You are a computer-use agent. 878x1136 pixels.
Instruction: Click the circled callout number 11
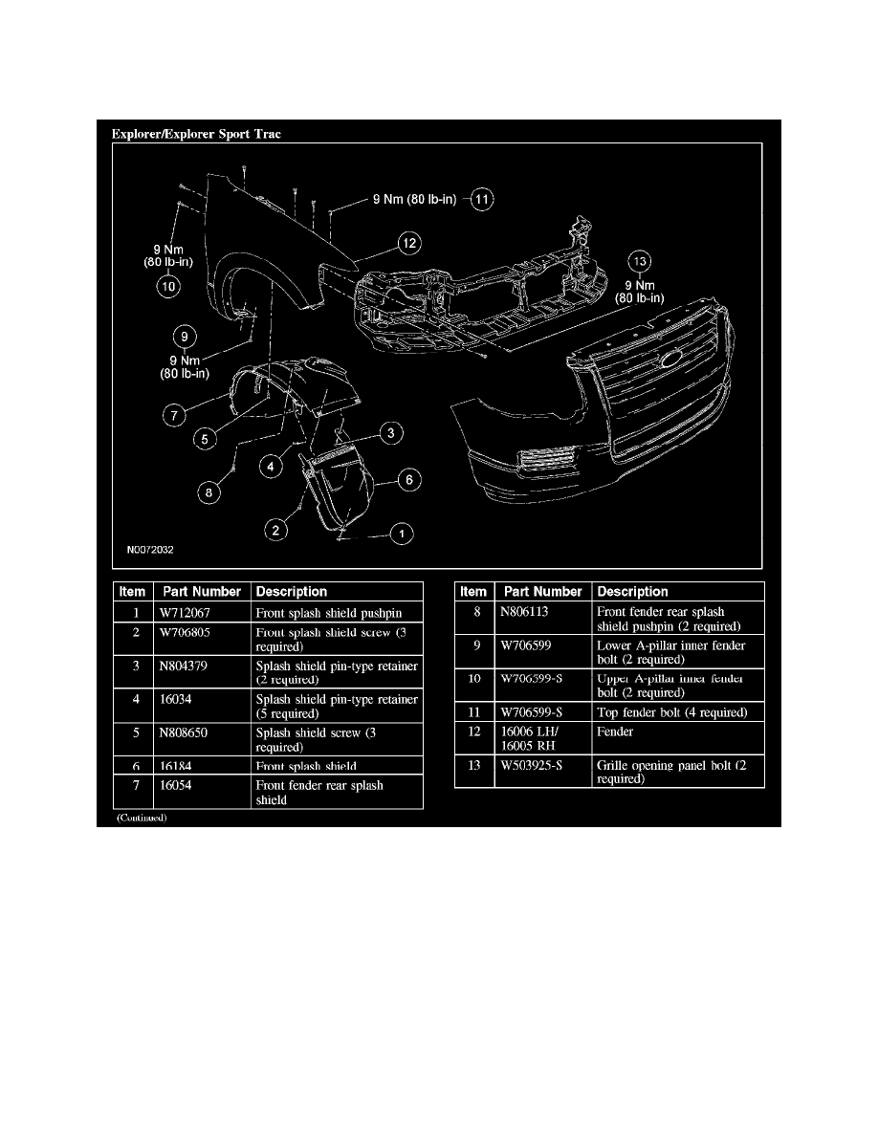click(482, 200)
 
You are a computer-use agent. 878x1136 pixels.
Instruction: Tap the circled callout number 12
click(409, 243)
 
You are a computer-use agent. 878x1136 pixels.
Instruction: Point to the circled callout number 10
click(168, 284)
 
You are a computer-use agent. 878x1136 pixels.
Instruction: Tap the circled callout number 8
click(209, 493)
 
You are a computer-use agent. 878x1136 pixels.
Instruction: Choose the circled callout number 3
click(389, 434)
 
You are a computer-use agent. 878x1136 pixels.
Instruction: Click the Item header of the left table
click(132, 592)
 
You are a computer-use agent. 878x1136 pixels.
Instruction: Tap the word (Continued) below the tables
click(142, 819)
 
